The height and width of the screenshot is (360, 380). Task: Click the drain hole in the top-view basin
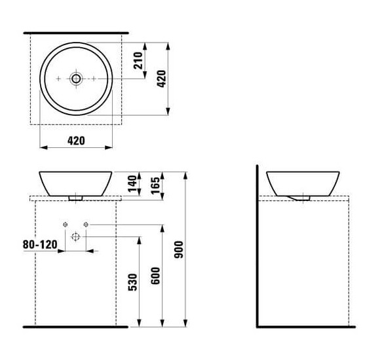(x=76, y=79)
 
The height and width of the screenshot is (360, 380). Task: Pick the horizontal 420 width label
(x=77, y=141)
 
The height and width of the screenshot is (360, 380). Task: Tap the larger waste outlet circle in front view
(x=75, y=236)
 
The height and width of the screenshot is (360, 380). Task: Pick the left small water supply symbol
(x=65, y=225)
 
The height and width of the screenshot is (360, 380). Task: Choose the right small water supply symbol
(x=86, y=225)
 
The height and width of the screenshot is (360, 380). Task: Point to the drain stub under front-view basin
(x=76, y=195)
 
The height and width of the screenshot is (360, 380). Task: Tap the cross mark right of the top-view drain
(x=94, y=79)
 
